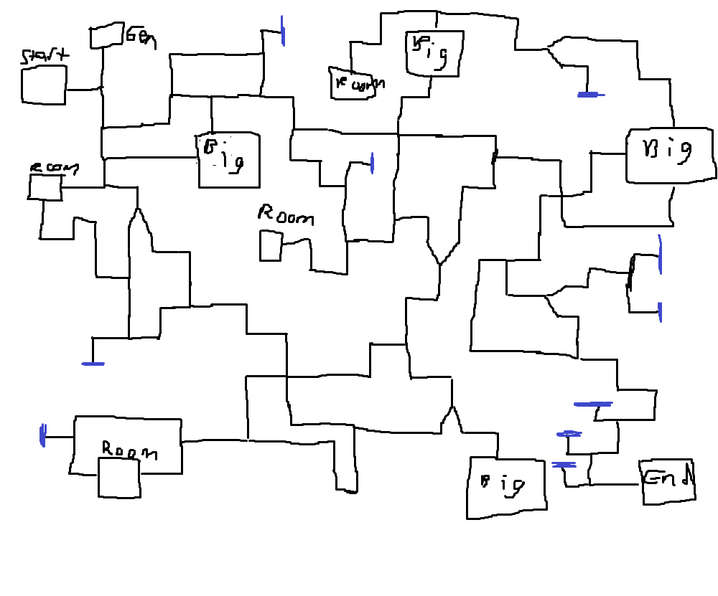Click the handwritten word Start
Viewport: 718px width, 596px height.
tap(45, 56)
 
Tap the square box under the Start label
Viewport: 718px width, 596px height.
tap(44, 85)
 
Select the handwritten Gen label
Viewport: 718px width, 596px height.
tap(141, 37)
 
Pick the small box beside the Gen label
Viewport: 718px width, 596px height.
tap(107, 36)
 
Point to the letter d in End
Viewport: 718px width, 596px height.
tap(686, 477)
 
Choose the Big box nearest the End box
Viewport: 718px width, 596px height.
tap(505, 487)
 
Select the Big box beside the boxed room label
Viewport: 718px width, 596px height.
tap(434, 52)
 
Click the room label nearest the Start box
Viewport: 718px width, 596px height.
tap(53, 168)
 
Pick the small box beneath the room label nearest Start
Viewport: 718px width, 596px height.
tap(45, 186)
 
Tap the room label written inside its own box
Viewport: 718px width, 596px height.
tap(356, 84)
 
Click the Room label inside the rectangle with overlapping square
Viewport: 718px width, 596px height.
tap(129, 451)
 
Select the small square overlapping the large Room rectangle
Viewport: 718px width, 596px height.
tap(118, 478)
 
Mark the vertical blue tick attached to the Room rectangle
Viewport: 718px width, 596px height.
tap(43, 435)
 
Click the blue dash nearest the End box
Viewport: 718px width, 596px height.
tap(564, 465)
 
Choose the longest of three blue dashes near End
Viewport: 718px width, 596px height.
tap(593, 405)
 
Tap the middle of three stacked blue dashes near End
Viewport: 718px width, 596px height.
tap(569, 434)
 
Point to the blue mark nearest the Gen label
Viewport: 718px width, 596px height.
tap(283, 31)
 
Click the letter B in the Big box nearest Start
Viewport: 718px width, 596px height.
tap(210, 146)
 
